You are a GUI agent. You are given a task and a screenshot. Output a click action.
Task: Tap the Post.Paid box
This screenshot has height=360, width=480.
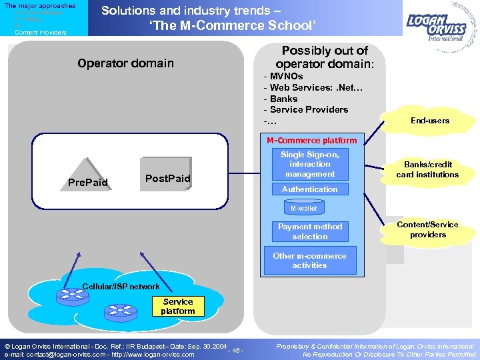[167, 176]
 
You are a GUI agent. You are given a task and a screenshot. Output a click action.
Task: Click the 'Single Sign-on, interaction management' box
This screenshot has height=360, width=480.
[309, 164]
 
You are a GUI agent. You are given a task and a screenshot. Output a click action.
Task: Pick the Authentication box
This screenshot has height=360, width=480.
[309, 189]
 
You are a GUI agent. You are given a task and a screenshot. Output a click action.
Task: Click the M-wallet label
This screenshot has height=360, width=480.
[303, 209]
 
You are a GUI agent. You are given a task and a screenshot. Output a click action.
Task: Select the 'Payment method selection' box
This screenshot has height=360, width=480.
[310, 231]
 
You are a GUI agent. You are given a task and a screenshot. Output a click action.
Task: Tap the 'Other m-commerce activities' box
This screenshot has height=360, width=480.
[309, 261]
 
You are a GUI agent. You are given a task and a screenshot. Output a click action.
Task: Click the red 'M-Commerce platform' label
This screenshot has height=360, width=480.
[311, 141]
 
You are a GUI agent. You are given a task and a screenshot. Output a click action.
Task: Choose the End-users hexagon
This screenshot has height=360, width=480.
[429, 121]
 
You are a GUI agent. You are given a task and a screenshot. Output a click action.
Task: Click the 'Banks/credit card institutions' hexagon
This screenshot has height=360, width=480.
[427, 170]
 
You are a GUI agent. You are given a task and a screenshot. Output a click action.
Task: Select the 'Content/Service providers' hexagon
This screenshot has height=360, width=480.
[427, 230]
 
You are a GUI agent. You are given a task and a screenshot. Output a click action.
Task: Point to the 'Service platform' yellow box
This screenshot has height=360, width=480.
[178, 307]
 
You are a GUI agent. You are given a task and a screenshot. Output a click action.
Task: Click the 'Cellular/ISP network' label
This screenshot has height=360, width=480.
[121, 287]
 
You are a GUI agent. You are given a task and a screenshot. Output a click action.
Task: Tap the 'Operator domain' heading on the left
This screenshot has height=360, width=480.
[125, 63]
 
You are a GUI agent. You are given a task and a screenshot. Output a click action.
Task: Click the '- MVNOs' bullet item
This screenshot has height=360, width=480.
[283, 77]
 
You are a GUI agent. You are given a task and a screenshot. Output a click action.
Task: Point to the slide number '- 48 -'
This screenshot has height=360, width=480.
[235, 351]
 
